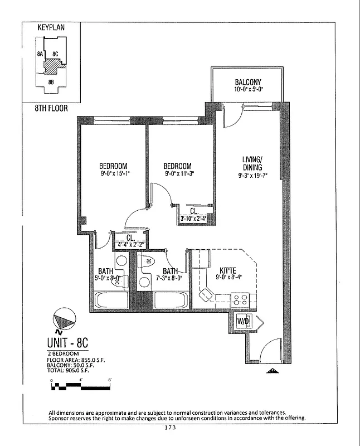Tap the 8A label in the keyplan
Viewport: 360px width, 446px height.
40,55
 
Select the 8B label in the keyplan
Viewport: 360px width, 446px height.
51,82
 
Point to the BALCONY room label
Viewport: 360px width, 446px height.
247,83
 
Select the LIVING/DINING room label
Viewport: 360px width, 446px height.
252,163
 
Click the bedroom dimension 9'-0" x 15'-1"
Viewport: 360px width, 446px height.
113,173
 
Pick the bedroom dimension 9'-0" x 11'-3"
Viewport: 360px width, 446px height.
177,173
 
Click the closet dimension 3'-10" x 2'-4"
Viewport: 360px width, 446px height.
194,219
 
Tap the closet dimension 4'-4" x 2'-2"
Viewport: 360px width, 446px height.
130,245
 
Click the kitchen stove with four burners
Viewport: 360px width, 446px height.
240,300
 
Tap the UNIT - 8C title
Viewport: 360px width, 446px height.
73,343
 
